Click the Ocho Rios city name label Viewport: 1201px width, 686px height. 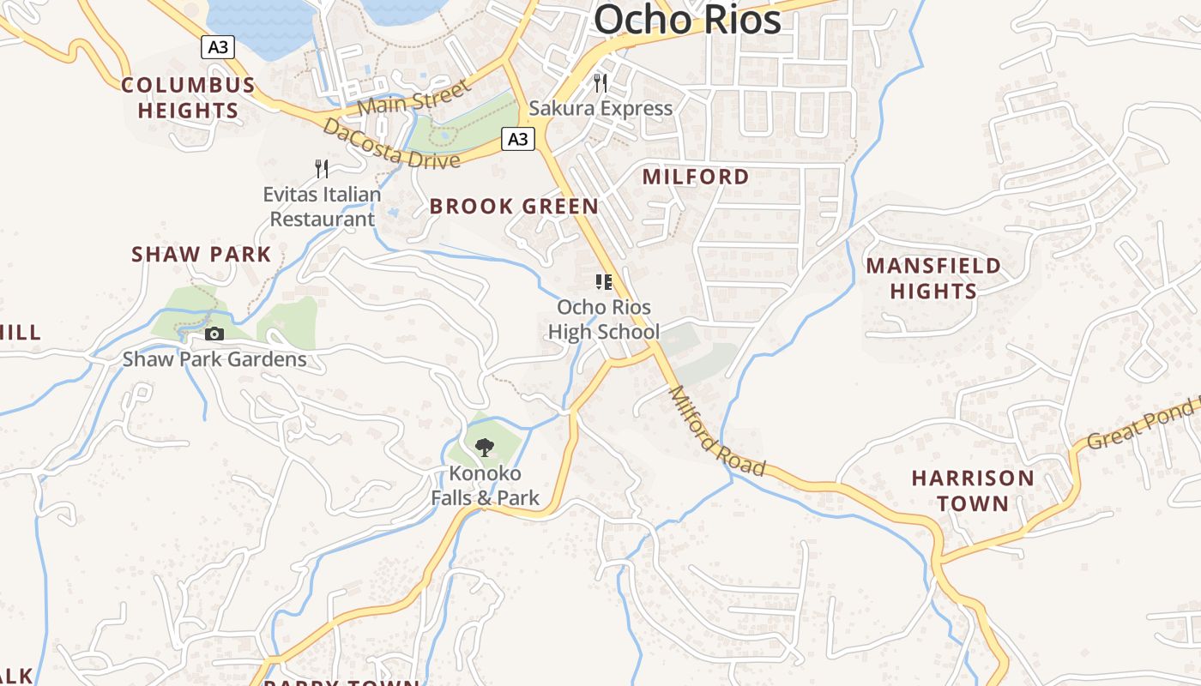coord(687,19)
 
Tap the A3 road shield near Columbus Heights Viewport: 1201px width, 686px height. coord(218,46)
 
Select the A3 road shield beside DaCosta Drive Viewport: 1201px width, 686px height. coord(518,139)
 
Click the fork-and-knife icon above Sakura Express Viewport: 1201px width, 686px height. coord(600,83)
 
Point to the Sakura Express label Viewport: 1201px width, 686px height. coord(600,108)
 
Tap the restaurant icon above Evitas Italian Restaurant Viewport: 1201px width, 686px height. coord(322,168)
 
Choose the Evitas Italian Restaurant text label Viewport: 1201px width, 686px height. coord(322,207)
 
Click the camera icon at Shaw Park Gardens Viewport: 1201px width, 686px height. coord(214,334)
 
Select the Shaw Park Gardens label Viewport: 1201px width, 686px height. coord(214,358)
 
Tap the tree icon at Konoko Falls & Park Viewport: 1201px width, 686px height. coord(485,447)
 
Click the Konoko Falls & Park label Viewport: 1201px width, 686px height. coord(485,485)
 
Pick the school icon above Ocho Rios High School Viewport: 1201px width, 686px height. coord(604,282)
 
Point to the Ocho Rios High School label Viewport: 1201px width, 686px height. coord(604,319)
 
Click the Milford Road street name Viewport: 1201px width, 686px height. coord(716,431)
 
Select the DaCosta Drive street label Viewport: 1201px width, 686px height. coord(390,145)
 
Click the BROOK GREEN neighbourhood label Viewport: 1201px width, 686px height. coord(514,207)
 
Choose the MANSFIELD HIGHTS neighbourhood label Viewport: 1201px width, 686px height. coord(933,278)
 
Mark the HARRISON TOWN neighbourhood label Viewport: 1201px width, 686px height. coord(973,490)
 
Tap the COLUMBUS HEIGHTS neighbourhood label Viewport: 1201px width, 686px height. coord(188,98)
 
